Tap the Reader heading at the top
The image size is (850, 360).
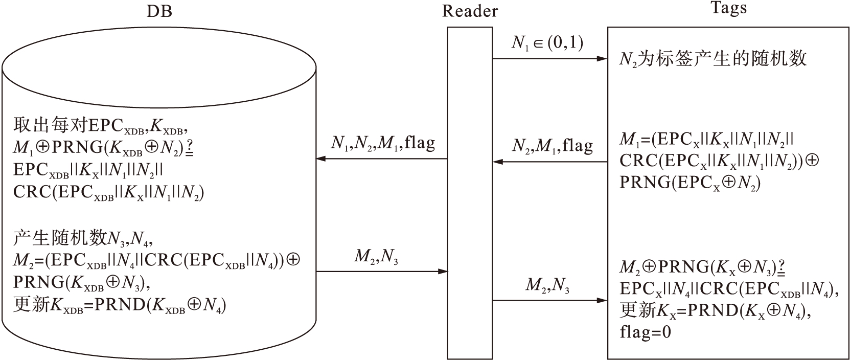click(x=470, y=11)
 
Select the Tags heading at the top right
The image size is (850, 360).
click(x=729, y=8)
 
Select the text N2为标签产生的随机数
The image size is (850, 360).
click(x=713, y=59)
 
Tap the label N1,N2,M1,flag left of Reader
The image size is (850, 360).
click(x=383, y=143)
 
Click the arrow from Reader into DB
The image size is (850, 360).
click(x=382, y=159)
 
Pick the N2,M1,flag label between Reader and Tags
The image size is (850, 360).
click(x=552, y=146)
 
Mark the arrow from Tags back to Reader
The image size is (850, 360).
click(x=550, y=163)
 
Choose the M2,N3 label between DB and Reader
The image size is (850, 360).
click(x=376, y=257)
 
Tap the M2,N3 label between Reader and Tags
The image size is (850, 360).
click(x=547, y=285)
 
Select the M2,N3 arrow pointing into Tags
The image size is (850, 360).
click(x=550, y=301)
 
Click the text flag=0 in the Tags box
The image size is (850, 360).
click(x=645, y=332)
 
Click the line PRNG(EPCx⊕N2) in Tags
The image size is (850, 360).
click(x=690, y=182)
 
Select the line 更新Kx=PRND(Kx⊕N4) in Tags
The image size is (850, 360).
click(x=716, y=310)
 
